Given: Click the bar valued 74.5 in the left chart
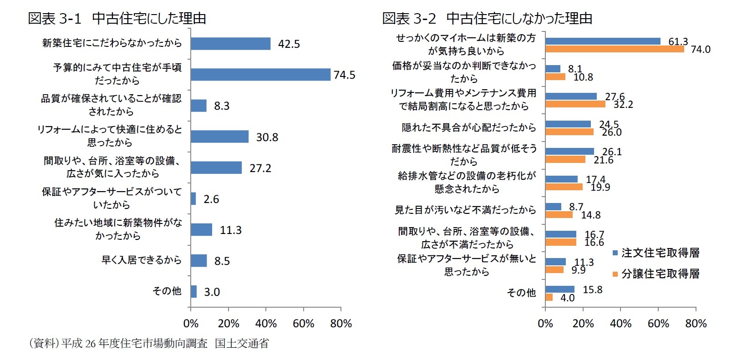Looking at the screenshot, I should point(260,75).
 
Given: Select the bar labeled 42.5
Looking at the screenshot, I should point(230,44).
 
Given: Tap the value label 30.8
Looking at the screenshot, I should point(267,137).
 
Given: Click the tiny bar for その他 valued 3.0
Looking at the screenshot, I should point(194,292).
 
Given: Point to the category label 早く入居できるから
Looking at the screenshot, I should point(141,260).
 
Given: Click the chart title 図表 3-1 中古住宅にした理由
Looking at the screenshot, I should point(117,18).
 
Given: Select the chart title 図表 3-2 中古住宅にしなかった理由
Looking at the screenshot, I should point(487,18).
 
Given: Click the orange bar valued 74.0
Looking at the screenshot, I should point(615,49).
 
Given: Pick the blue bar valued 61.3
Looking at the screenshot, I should point(603,41).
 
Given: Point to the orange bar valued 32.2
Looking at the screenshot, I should point(575,104).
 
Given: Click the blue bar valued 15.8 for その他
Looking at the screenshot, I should point(560,289).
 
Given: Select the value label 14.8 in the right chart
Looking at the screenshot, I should point(590,215).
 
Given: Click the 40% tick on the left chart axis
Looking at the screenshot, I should point(266,324).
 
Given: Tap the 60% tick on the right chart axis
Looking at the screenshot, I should point(658,324).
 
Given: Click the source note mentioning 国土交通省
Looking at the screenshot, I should point(148,344).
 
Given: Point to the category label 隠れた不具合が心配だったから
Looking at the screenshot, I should point(468,128).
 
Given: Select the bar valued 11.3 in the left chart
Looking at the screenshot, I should point(201,230).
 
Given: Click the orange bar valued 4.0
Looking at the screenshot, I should point(549,297).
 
